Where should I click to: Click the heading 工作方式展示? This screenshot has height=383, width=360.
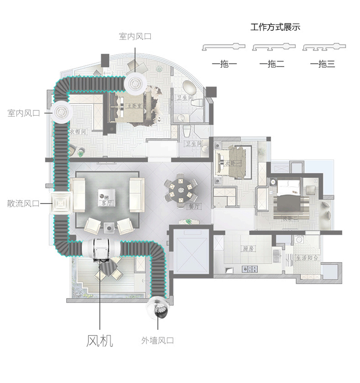276,27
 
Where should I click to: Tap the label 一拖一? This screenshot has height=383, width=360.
224,64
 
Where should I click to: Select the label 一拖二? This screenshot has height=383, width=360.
272,64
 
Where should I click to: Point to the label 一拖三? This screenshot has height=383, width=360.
322,64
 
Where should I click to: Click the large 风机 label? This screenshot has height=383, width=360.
100,341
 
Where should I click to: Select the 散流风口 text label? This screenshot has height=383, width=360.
23,203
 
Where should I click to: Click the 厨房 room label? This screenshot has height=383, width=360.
248,249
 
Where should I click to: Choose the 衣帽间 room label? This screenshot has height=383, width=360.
78,131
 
